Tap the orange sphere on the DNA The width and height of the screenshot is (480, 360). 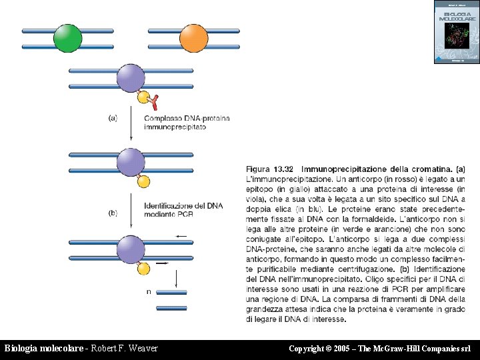[193, 38]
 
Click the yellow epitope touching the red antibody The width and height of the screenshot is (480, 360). [143, 97]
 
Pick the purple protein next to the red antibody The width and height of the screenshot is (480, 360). [131, 79]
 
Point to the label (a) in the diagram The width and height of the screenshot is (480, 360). [113, 118]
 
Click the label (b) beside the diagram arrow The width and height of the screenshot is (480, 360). [113, 213]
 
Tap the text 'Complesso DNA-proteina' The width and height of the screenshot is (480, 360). [187, 118]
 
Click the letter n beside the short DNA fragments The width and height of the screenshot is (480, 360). [148, 291]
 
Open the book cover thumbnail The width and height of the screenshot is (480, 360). [456, 32]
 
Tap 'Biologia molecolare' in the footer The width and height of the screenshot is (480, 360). [44, 349]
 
